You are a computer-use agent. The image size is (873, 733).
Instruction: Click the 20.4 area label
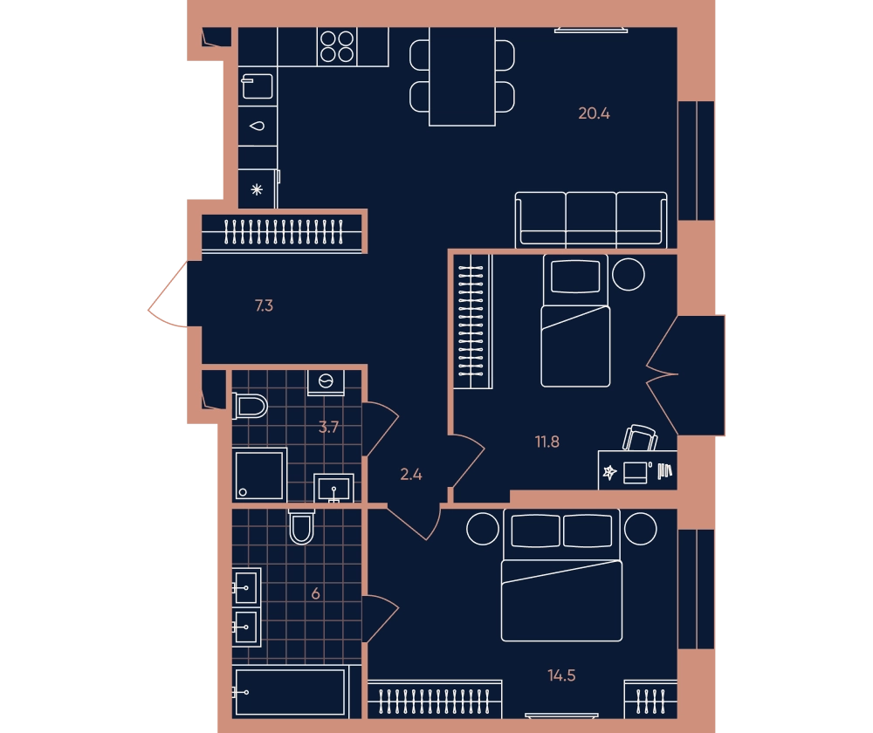coord(594,113)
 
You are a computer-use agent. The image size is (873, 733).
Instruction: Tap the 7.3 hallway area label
coord(264,305)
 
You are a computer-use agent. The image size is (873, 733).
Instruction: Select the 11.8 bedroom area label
coord(546,442)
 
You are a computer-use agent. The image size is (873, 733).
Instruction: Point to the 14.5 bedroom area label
coord(561,675)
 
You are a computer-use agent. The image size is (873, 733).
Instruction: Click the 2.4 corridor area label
coord(411,474)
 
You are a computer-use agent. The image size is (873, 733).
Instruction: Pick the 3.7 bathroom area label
coord(328,428)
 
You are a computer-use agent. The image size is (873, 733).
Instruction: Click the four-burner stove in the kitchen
coord(337,46)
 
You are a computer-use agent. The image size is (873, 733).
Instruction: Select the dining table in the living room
coord(462,76)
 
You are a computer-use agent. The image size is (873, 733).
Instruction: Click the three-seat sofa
coord(591,220)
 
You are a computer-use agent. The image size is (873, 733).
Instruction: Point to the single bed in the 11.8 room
coord(575,320)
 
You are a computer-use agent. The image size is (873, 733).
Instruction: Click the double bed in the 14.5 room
coord(561,575)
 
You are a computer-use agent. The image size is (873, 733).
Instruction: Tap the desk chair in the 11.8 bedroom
coord(640,437)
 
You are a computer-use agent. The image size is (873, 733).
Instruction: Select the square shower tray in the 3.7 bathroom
coord(259,475)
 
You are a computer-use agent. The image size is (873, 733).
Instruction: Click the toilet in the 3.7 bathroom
coord(250,406)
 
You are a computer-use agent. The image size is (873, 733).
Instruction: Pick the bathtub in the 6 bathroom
coord(290,692)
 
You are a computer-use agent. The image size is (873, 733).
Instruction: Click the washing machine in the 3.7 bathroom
coord(326,382)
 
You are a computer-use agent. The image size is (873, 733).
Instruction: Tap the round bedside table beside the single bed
coord(629,274)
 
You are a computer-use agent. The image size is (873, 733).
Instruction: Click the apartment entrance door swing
coord(168,294)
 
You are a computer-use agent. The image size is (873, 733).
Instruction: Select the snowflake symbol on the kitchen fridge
coord(257,189)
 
